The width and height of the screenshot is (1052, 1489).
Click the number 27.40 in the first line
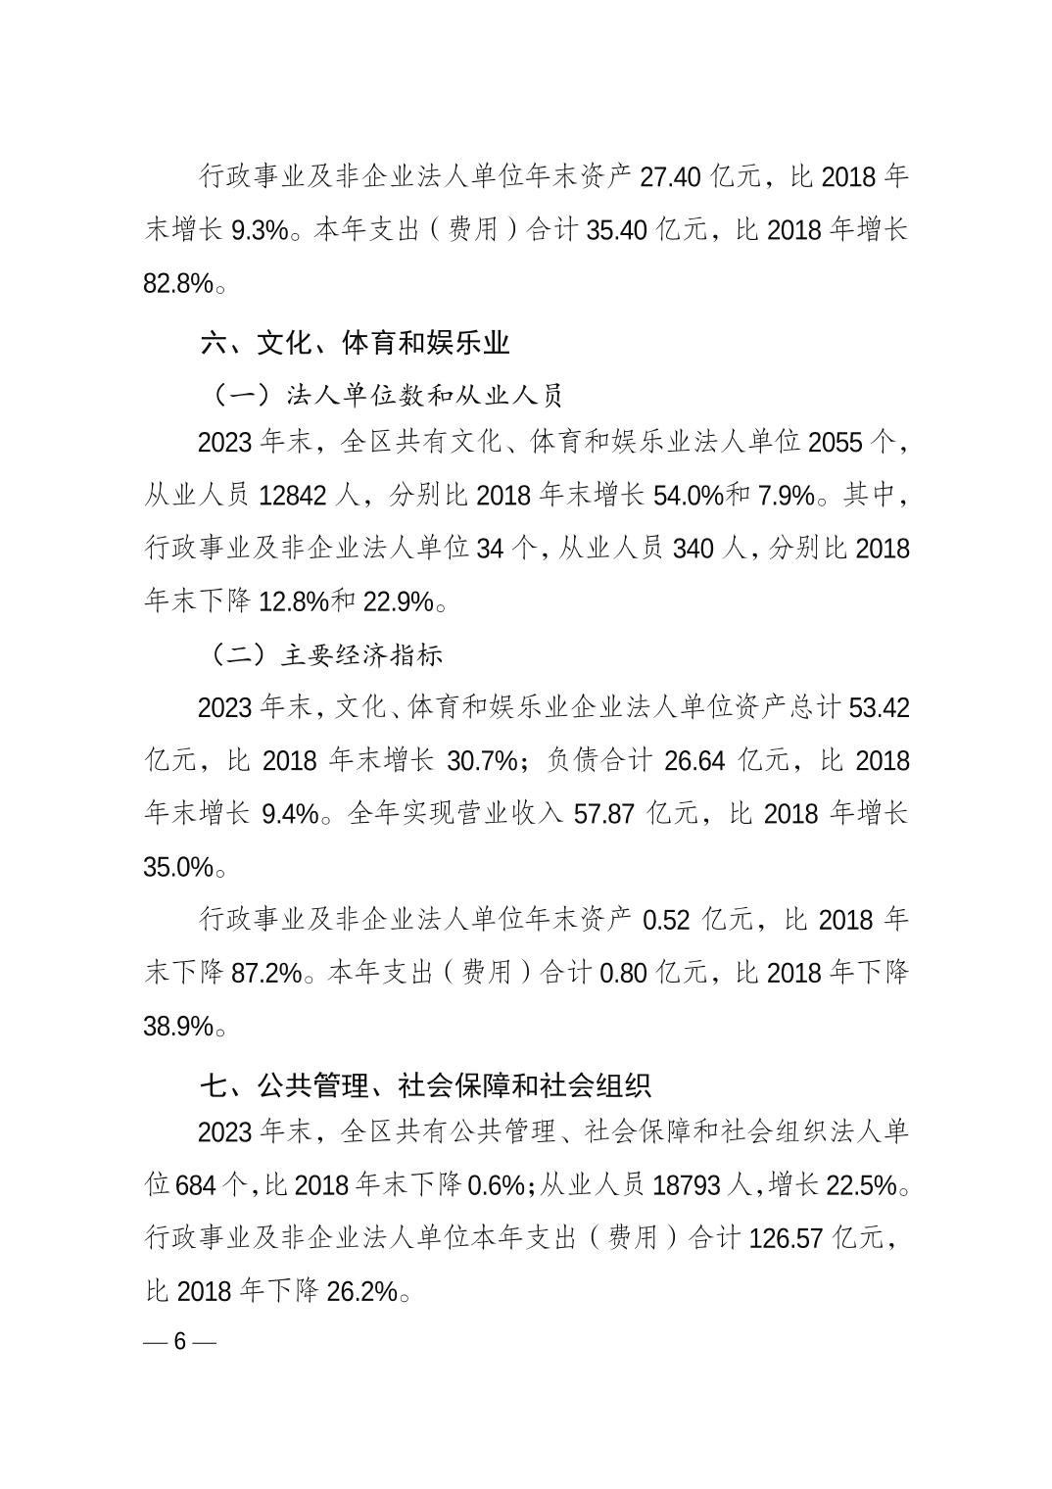(671, 177)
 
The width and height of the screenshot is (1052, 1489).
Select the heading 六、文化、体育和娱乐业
(355, 344)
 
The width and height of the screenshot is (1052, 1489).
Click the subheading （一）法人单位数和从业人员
(386, 396)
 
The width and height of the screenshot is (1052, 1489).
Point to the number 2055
(836, 443)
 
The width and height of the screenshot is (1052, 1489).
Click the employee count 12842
(298, 496)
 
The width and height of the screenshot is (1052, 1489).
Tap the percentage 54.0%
(686, 496)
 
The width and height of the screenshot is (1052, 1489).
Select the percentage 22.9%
(398, 601)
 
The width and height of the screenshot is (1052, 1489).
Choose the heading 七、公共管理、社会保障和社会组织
(425, 1085)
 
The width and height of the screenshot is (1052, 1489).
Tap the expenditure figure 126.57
(786, 1238)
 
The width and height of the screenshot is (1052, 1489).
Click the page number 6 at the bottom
(179, 1341)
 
